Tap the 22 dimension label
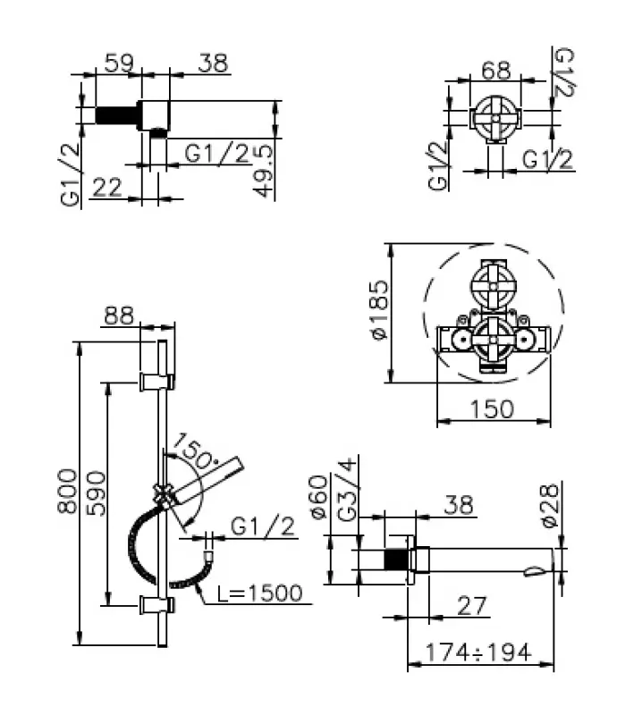pos(106,187)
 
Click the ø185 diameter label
pos(379,310)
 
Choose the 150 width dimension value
pos(492,408)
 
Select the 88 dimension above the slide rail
pos(119,315)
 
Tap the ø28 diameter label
pos(551,503)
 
